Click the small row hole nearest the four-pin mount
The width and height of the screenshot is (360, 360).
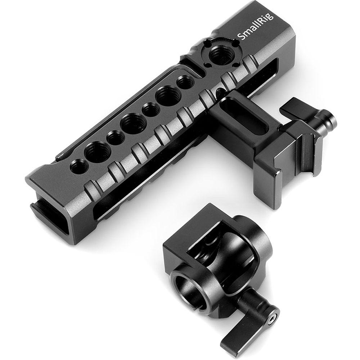click(x=185, y=84)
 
